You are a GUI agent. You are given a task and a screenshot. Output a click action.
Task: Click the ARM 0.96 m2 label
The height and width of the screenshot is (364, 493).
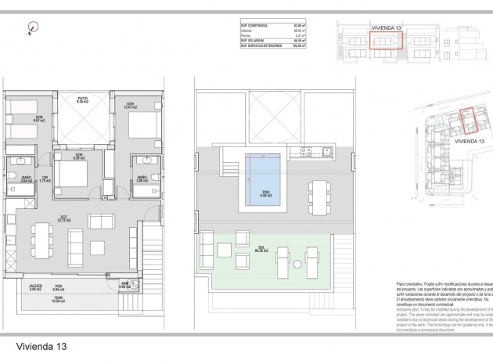[x=124, y=285]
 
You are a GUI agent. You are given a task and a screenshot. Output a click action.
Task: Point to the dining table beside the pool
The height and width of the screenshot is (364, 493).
[x=318, y=189]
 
